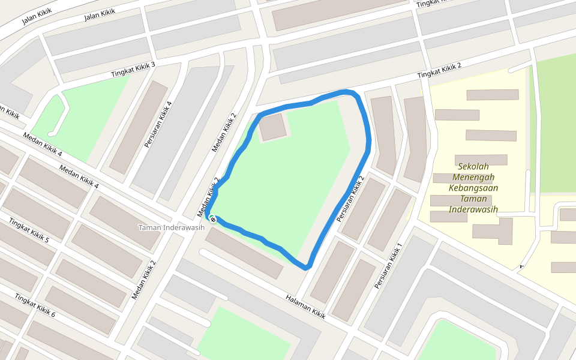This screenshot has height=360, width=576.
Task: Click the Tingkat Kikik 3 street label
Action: click(x=133, y=70)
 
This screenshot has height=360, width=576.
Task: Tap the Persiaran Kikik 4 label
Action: click(x=158, y=125)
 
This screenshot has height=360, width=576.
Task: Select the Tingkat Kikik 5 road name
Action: click(x=28, y=230)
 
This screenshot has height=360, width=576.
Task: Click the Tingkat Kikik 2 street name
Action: click(x=439, y=70)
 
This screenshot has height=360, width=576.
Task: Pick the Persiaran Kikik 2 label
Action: click(x=350, y=199)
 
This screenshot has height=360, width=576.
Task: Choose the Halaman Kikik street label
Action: click(x=305, y=307)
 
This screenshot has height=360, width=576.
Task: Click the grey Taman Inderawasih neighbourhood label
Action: click(x=171, y=227)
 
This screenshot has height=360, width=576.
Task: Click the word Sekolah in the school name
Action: click(x=473, y=166)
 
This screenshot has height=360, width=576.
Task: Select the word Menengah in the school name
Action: click(x=473, y=177)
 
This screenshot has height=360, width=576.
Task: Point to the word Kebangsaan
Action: click(x=473, y=188)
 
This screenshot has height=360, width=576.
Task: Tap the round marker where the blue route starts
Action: click(x=212, y=219)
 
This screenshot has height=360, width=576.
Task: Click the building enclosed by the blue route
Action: click(x=274, y=127)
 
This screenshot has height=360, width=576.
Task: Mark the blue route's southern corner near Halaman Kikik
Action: click(x=307, y=266)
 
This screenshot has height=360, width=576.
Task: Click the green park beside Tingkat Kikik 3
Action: click(x=90, y=120)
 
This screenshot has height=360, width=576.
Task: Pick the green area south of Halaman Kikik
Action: click(x=240, y=336)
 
